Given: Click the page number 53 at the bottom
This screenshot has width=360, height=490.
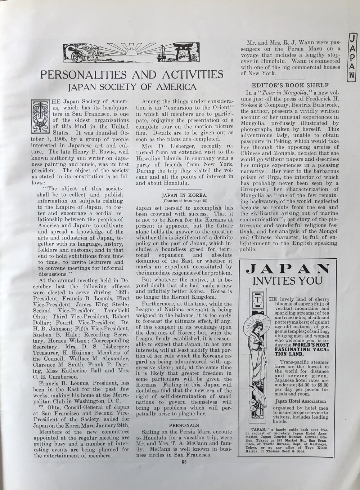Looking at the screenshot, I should coord(183,462).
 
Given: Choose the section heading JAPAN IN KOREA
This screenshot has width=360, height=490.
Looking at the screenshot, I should coord(184,196).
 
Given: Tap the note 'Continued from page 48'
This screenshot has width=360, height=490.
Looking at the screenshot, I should coord(184,201).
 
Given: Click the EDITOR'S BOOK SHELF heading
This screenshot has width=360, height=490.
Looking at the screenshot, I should coord(289,85).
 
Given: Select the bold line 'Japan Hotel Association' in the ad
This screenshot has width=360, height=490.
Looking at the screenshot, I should coord(301,401).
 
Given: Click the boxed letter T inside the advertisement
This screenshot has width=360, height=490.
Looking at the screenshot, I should coord(258,300).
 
